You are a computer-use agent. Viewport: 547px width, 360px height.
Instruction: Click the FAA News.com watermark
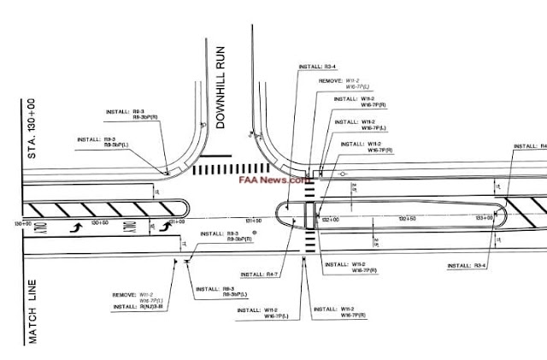275,180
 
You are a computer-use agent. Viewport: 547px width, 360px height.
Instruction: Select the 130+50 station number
100,222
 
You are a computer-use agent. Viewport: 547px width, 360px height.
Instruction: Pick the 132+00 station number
332,220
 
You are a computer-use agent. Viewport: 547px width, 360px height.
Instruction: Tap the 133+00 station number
484,219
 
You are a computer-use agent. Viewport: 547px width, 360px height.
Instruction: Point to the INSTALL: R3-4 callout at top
316,65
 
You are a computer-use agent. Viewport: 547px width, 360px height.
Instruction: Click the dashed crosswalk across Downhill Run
226,170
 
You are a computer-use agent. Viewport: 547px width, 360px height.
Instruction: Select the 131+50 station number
254,221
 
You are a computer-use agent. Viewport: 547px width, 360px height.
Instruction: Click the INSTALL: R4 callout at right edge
529,146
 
